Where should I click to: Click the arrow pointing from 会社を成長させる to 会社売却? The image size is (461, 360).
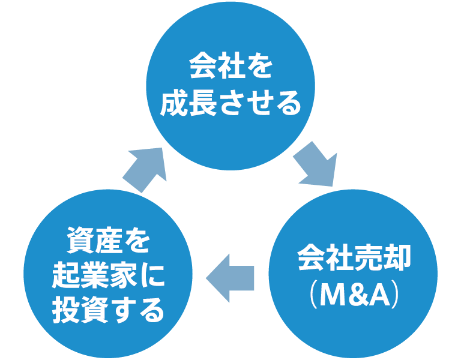coord(315,164)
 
